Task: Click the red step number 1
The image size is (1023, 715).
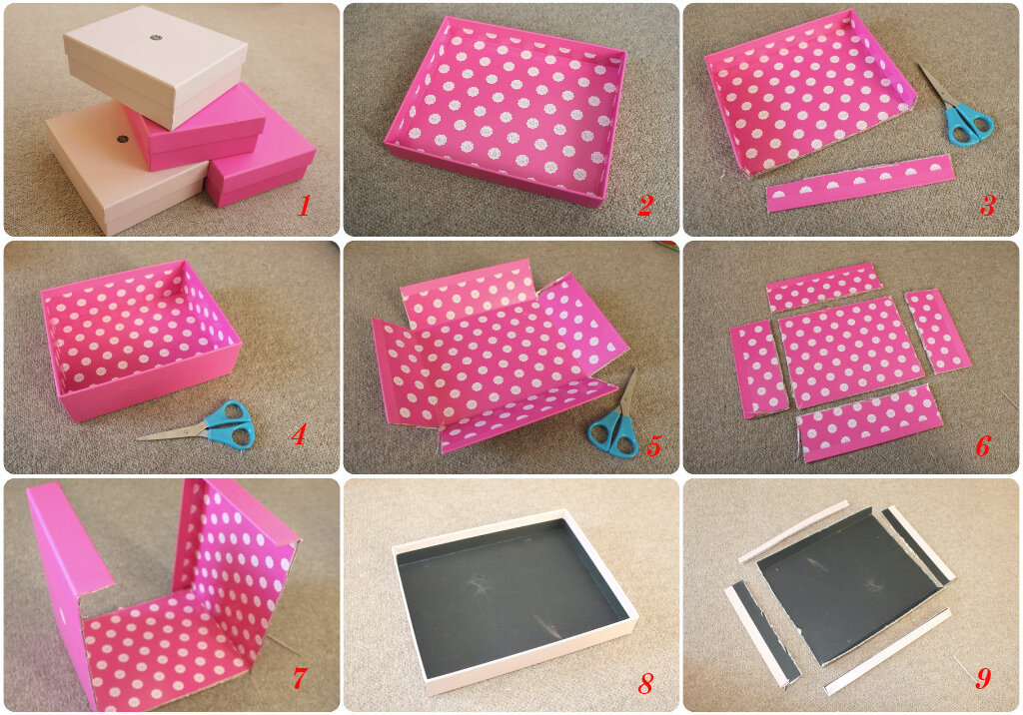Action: [304, 206]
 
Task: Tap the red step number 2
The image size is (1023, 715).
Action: [644, 206]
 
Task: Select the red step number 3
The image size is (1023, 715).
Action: [986, 206]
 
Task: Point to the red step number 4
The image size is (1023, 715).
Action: [298, 434]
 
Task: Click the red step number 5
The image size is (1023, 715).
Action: [653, 445]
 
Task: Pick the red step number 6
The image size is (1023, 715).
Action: [983, 446]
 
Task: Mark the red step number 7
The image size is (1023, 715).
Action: [299, 678]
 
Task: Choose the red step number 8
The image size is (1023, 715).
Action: [645, 683]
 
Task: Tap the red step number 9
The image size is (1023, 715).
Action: [983, 678]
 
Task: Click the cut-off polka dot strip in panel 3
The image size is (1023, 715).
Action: [860, 183]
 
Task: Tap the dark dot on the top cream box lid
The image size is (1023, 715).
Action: [155, 37]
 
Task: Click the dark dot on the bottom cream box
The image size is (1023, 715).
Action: [121, 139]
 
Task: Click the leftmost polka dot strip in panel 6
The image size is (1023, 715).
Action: [759, 369]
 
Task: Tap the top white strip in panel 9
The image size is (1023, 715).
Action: [793, 531]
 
